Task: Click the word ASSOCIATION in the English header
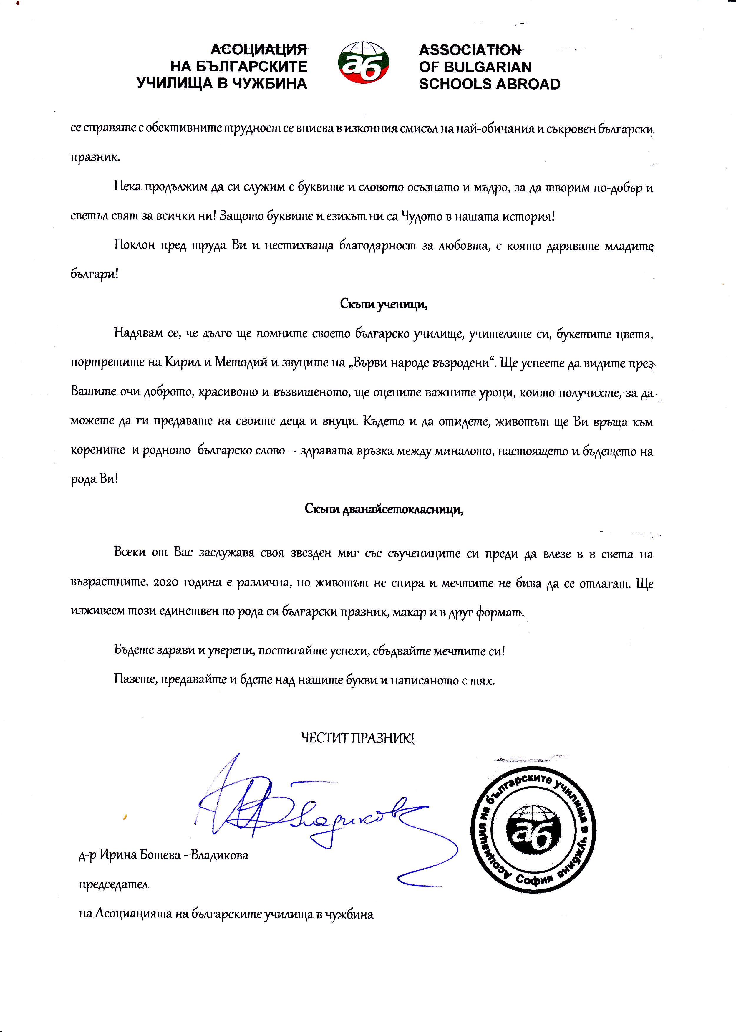470,50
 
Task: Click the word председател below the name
114,884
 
